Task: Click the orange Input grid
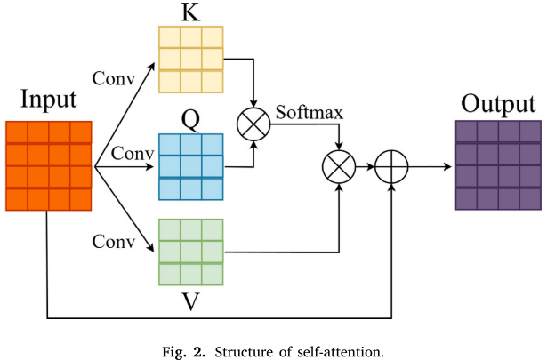(x=48, y=164)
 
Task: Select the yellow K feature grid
(x=190, y=59)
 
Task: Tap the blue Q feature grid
(x=190, y=156)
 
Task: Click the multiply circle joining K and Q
(x=255, y=124)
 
